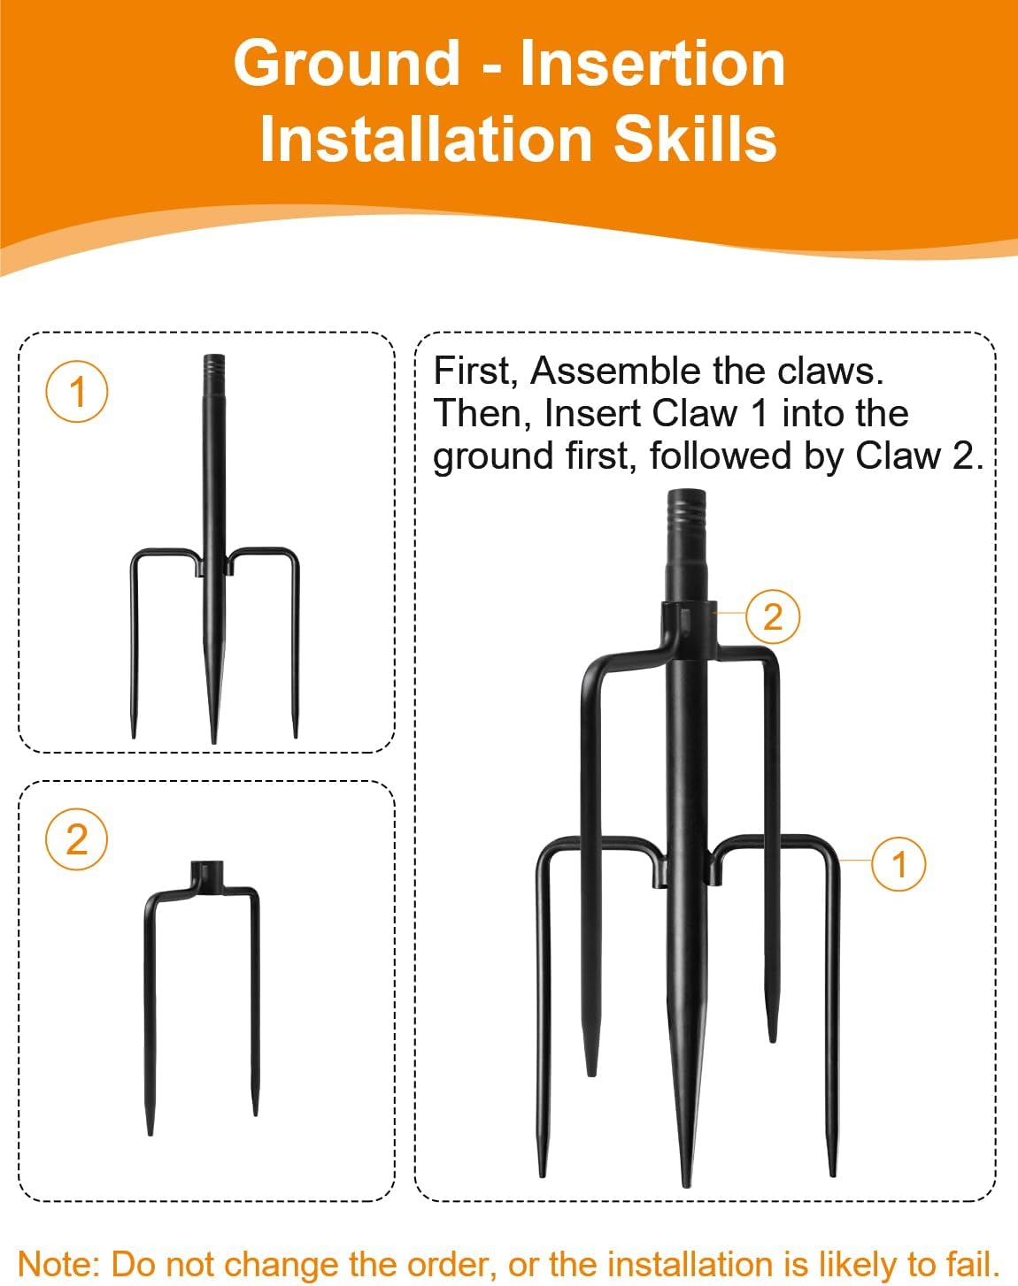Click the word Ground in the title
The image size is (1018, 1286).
click(x=346, y=64)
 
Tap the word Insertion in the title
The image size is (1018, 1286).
click(x=652, y=62)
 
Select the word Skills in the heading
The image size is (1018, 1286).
click(x=695, y=139)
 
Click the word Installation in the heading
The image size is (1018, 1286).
click(x=426, y=139)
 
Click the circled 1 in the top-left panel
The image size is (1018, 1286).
click(x=76, y=392)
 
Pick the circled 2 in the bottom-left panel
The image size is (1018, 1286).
click(x=76, y=838)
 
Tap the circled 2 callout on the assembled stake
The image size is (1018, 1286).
click(x=773, y=616)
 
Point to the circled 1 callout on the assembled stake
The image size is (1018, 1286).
click(x=898, y=864)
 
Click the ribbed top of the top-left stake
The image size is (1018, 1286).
click(x=213, y=364)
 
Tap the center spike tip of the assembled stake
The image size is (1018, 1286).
click(x=688, y=1185)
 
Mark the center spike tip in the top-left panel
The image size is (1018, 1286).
click(x=213, y=741)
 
